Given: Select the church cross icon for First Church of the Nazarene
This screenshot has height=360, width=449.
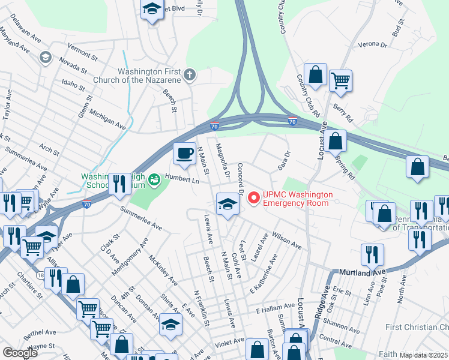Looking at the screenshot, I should coord(190,75).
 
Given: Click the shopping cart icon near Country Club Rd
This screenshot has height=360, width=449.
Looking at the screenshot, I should coord(340,80).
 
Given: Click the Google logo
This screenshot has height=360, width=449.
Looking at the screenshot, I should coord(20,353).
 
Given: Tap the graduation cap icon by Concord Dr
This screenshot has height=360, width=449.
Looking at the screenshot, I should coord(228,204).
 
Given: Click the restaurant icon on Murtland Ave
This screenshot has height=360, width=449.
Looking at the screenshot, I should coord(372,254).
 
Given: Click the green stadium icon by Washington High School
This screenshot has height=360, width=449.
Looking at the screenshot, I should coord(154,179).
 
